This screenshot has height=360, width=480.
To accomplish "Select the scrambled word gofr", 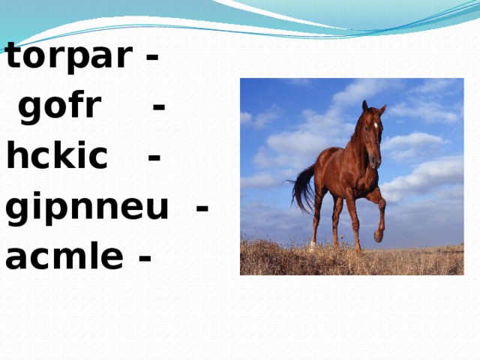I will (x=59, y=108).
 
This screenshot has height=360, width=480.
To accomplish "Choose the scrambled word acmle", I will (x=64, y=256).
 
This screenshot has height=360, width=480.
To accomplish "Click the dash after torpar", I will (x=152, y=58).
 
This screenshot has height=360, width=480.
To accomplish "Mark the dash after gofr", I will (x=158, y=108).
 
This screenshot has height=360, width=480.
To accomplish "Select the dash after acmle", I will (x=145, y=258).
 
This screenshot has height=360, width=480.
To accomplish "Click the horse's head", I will (x=372, y=135).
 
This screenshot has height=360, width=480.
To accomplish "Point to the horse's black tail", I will (x=303, y=189).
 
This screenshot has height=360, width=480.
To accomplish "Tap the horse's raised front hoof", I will (x=379, y=235).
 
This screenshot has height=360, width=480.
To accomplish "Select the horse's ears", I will (x=373, y=107).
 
